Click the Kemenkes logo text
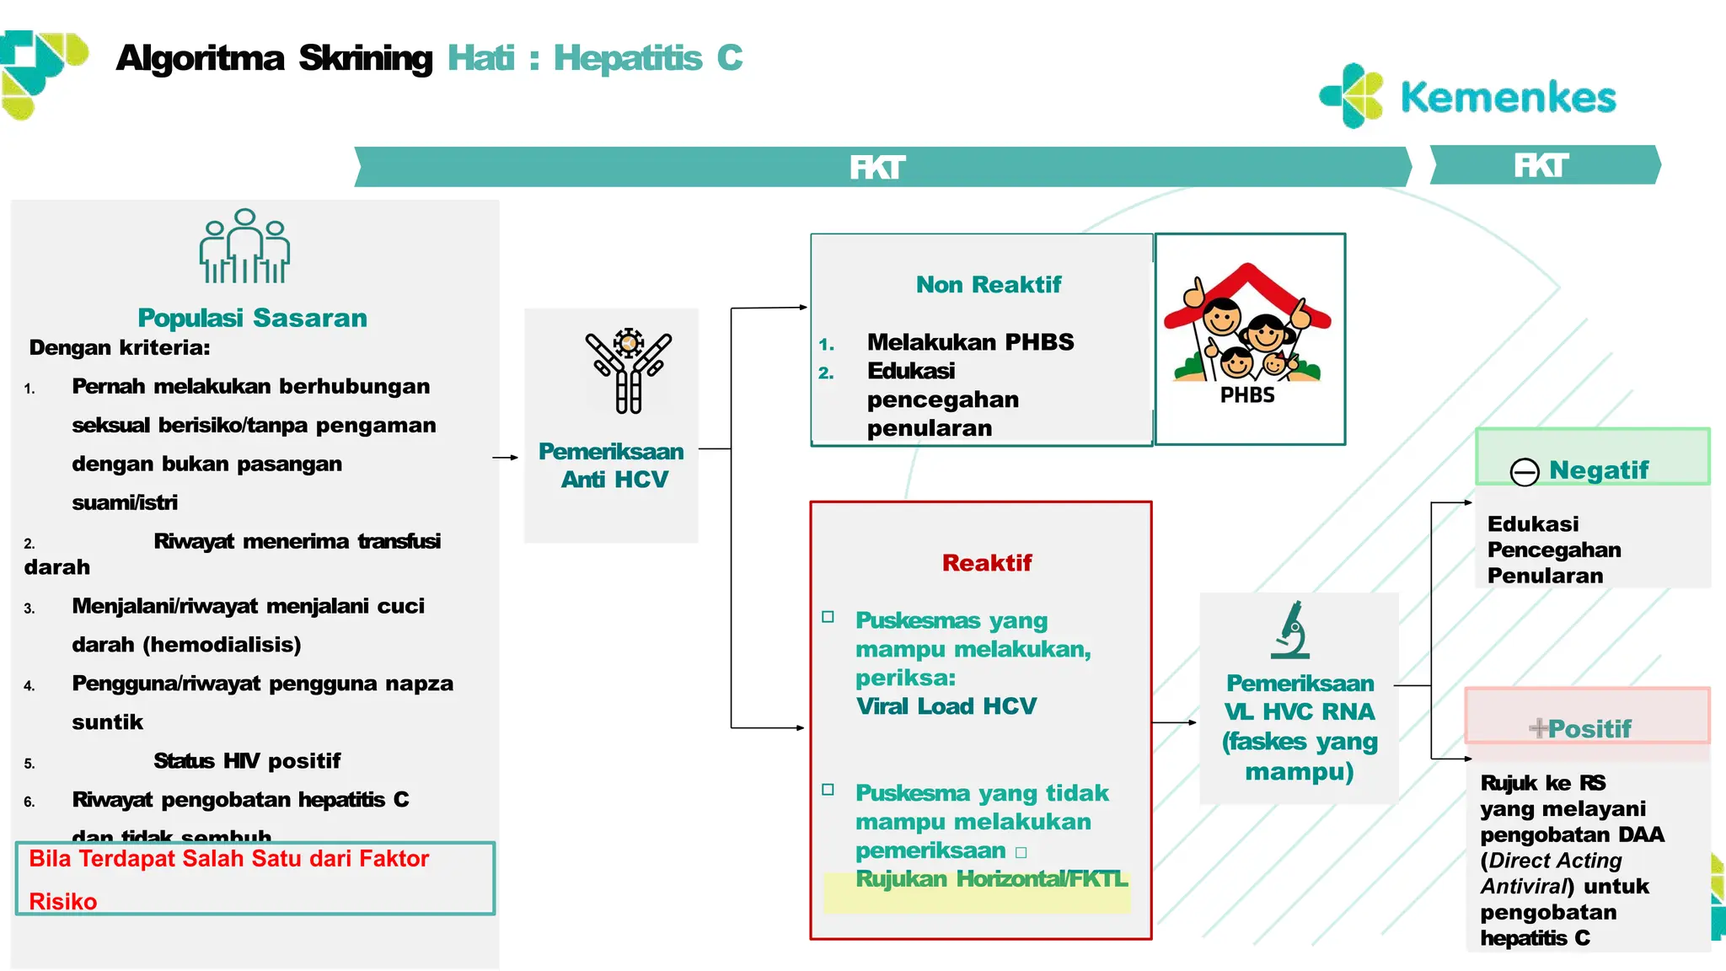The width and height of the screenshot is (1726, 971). coord(1507,98)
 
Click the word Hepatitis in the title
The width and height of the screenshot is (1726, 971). coord(627,58)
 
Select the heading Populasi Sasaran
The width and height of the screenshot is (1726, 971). coord(252,318)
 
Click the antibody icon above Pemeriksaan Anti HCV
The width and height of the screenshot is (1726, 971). coord(629,371)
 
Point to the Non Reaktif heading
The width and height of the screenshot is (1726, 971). coord(988,285)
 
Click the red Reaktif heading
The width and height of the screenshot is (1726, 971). coord(986,563)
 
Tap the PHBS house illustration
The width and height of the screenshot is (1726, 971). coord(1248,329)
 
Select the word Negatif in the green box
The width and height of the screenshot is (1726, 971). coord(1598,470)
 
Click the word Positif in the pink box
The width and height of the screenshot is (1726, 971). coord(1589,729)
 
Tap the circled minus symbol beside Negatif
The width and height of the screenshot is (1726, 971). coord(1525,472)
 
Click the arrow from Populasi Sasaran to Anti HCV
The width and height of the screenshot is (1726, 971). coord(505,458)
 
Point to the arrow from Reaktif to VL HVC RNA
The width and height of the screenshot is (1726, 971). coord(1174,722)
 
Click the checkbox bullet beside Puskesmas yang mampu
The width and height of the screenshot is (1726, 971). coord(828,617)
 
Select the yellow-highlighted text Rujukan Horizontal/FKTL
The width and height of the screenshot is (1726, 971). coord(991,879)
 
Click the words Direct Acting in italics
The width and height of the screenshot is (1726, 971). coord(1555,861)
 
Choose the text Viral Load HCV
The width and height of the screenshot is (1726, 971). coord(946,706)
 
